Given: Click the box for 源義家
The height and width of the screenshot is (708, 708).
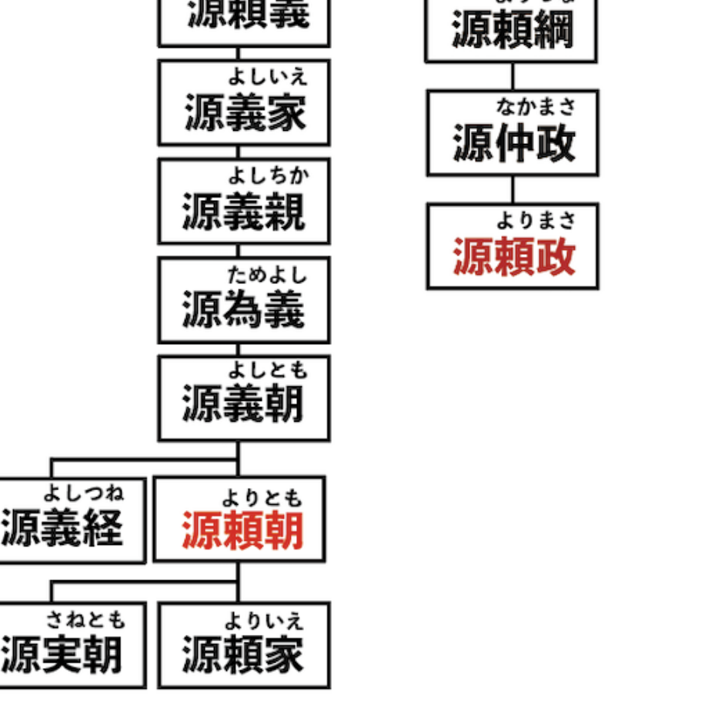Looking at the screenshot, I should (244, 102).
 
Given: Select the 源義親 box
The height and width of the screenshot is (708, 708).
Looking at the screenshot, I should (244, 201).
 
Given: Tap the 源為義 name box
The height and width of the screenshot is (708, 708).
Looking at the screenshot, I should (244, 299).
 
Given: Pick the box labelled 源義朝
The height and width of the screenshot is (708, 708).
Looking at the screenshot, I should (244, 398).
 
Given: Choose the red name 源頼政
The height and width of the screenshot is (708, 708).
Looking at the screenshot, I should (513, 257).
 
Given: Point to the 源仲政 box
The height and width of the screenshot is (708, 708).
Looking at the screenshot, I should (513, 133).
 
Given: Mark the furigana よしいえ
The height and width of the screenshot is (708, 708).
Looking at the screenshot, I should (267, 76).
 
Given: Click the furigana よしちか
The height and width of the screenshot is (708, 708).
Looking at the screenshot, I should (267, 175).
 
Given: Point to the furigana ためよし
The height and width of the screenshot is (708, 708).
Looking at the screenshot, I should (267, 273).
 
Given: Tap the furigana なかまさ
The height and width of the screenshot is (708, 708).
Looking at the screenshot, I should (536, 105).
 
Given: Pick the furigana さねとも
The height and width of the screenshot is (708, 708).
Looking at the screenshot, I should (85, 619).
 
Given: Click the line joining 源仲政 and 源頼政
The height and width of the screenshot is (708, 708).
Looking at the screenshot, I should (513, 190).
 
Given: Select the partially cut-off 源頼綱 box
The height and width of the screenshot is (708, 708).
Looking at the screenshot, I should (511, 31).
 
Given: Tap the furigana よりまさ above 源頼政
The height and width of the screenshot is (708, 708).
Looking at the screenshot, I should (536, 221).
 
